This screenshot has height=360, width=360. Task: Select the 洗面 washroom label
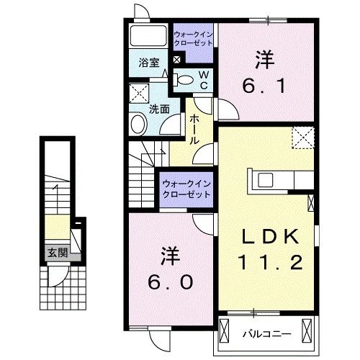pyautogui.click(x=158, y=109)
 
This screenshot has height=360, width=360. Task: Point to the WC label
pyautogui.click(x=203, y=79)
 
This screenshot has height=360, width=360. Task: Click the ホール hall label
pyautogui.click(x=194, y=132)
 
